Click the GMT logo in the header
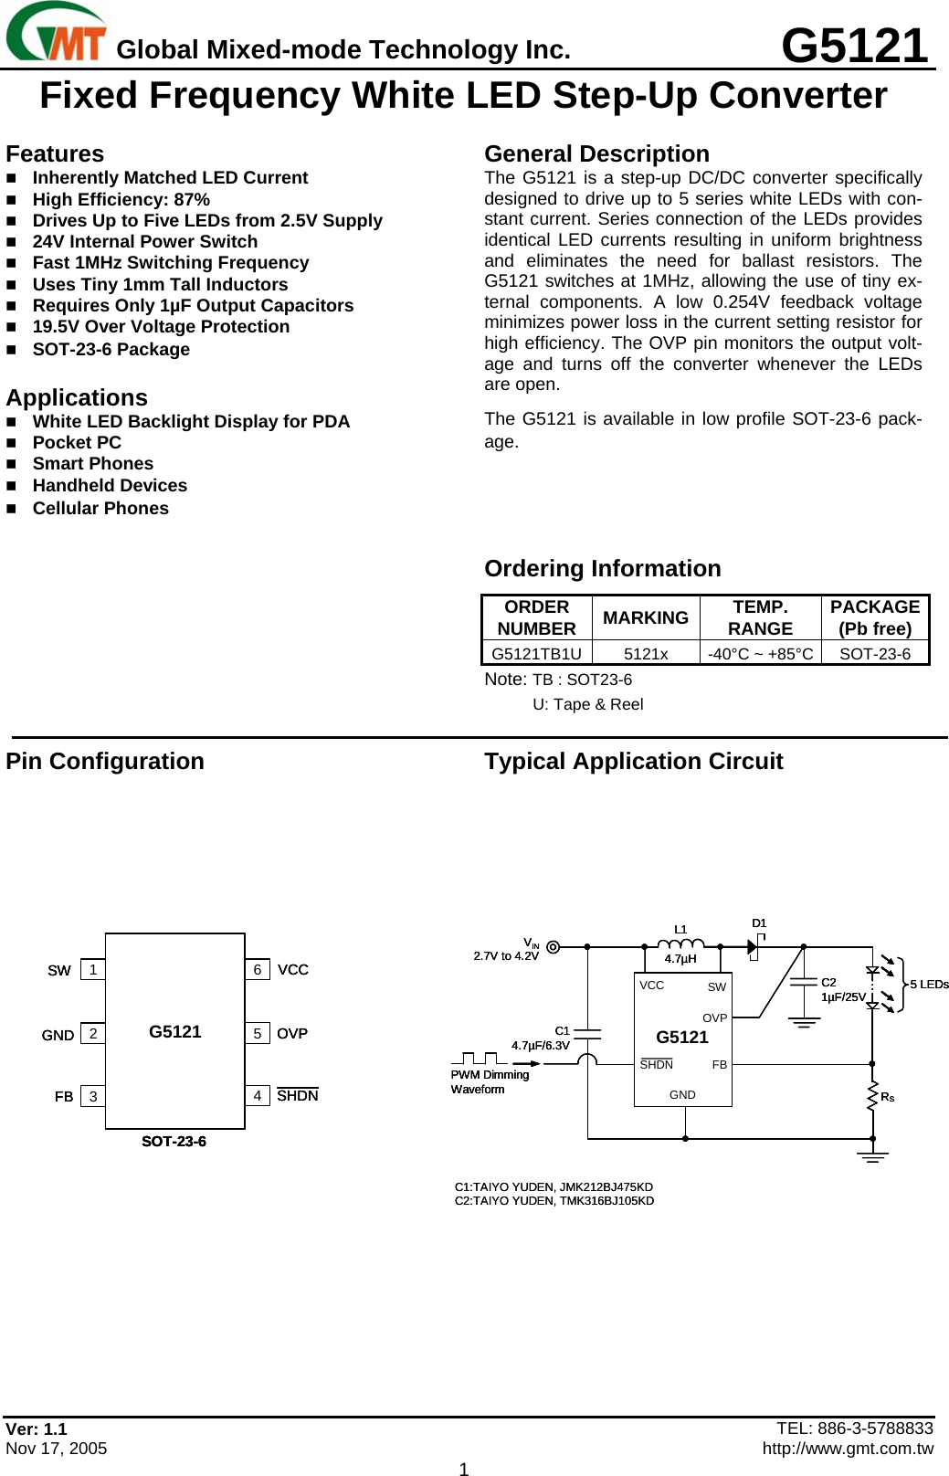point(56,33)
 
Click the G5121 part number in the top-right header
point(854,46)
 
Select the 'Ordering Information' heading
point(602,568)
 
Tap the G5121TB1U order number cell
point(536,653)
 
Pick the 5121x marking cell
point(646,653)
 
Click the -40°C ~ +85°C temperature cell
point(760,653)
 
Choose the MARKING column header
point(646,618)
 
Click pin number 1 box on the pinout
point(93,969)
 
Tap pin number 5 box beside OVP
point(258,1033)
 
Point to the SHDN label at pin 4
point(298,1096)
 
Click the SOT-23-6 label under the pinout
point(174,1141)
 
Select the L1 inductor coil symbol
point(680,944)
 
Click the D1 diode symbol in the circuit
point(754,947)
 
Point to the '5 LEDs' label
point(929,984)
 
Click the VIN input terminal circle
point(553,947)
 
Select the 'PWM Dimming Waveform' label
point(490,1081)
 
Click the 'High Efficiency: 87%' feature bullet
point(121,199)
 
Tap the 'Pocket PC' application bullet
point(77,442)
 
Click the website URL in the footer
point(848,1448)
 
